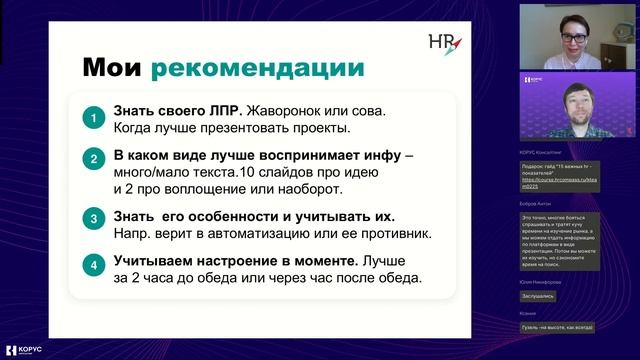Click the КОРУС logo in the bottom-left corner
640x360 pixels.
(x=27, y=350)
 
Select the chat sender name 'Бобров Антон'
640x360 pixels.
(x=536, y=202)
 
